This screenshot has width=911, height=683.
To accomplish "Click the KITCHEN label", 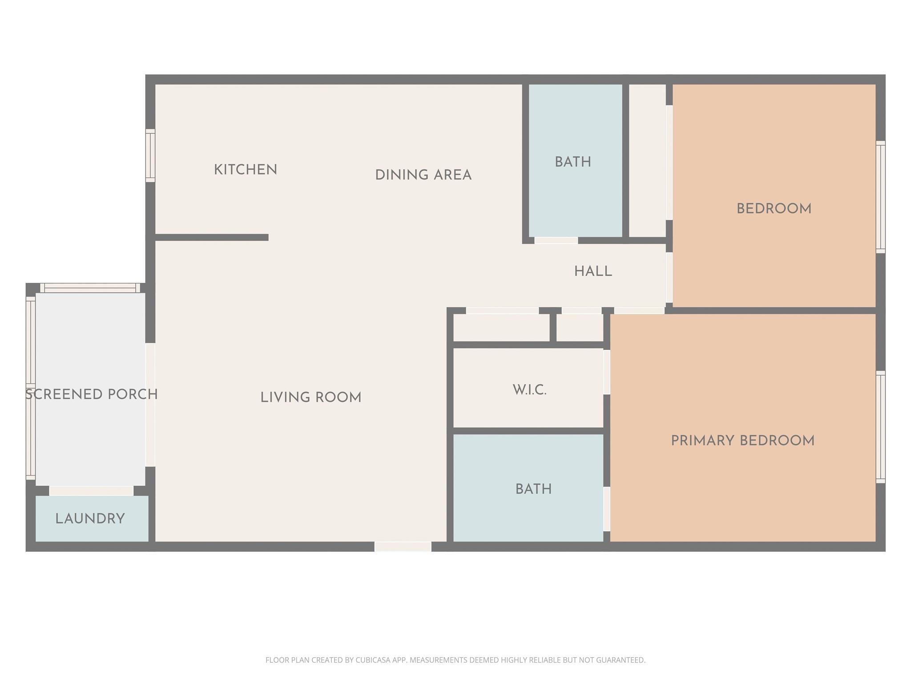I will [x=246, y=170].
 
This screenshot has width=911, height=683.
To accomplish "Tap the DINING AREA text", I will [x=423, y=175].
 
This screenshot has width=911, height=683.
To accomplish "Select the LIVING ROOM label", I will [x=310, y=398].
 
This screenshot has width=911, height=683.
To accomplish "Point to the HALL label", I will [x=593, y=271].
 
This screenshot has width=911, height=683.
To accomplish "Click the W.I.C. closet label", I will [x=529, y=390].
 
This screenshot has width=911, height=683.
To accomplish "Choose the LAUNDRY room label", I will [x=90, y=518].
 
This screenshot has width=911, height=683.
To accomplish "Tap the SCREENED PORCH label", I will [x=91, y=394].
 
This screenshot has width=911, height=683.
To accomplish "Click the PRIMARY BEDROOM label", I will [x=742, y=441].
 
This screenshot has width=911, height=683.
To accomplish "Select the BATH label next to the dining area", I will [x=573, y=162].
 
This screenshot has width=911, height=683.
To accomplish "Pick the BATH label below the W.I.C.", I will [x=533, y=489].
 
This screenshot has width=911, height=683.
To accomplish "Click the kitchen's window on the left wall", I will [x=150, y=156].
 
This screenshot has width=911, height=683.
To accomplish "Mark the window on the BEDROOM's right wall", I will [x=880, y=197].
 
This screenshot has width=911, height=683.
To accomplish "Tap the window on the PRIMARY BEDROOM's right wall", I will [x=880, y=427].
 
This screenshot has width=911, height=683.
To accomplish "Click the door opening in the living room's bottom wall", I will [x=403, y=546].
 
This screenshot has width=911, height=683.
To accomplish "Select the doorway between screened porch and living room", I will [x=150, y=405].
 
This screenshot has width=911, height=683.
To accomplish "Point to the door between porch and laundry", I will [x=91, y=490].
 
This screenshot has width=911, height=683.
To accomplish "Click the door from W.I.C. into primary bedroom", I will [x=606, y=372].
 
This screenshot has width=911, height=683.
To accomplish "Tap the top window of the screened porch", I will [x=90, y=288].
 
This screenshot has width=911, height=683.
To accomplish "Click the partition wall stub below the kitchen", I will [x=212, y=237].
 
